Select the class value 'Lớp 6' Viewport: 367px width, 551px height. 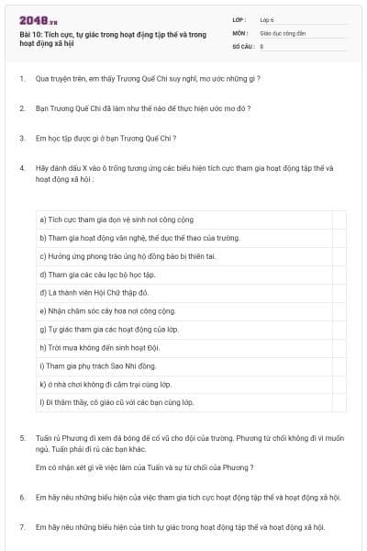[268, 18]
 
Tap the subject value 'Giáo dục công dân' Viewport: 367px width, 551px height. [284, 31]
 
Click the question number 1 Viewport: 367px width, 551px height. [21, 79]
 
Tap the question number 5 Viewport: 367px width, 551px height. [21, 438]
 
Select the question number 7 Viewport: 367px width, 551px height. [21, 527]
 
